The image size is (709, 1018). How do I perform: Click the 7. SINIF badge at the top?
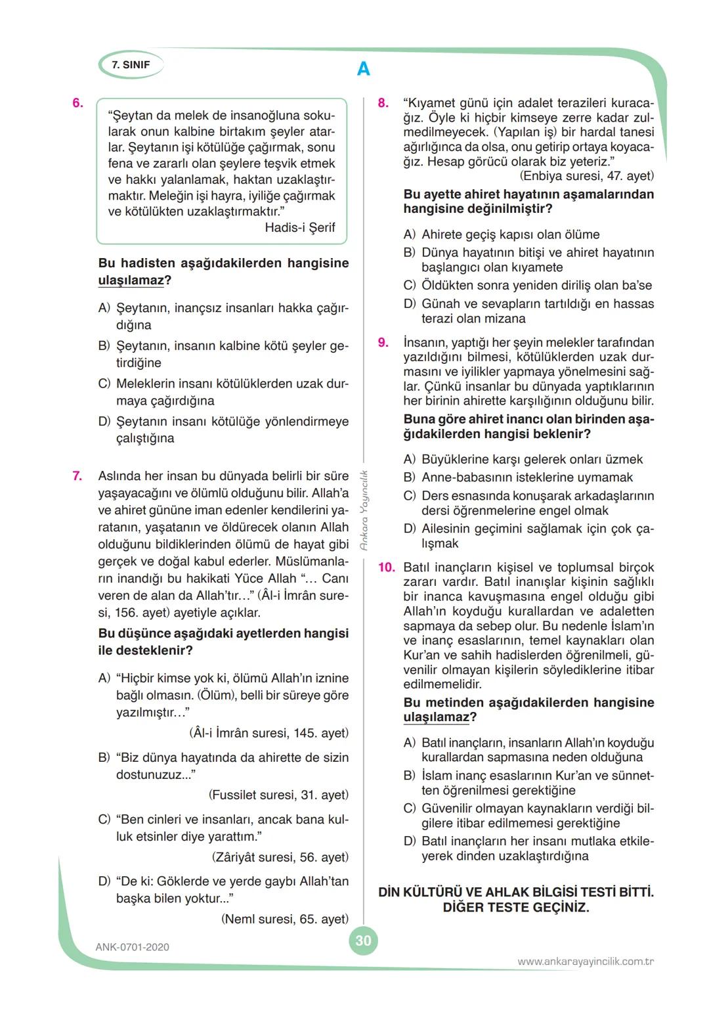pyautogui.click(x=131, y=65)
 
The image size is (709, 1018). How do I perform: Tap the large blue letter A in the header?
pyautogui.click(x=363, y=69)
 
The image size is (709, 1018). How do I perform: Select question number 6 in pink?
pyautogui.click(x=77, y=103)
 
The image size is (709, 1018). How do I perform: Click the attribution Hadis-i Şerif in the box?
pyautogui.click(x=299, y=228)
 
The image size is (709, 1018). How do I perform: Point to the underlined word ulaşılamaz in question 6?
pyautogui.click(x=131, y=280)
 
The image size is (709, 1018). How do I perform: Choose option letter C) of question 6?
pyautogui.click(x=104, y=384)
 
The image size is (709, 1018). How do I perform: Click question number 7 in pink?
pyautogui.click(x=77, y=476)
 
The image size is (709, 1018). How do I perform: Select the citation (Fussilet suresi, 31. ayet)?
pyautogui.click(x=278, y=795)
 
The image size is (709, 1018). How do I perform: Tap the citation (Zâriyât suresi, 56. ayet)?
pyautogui.click(x=280, y=857)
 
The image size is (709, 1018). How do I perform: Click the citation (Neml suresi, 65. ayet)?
pyautogui.click(x=285, y=919)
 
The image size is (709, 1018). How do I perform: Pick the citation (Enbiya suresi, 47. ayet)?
pyautogui.click(x=586, y=176)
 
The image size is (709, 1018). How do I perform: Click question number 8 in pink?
pyautogui.click(x=383, y=103)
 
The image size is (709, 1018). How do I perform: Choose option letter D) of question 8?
pyautogui.click(x=410, y=304)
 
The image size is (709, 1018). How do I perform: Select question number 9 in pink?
pyautogui.click(x=383, y=342)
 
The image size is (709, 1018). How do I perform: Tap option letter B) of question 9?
pyautogui.click(x=410, y=477)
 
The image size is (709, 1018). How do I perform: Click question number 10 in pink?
pyautogui.click(x=386, y=567)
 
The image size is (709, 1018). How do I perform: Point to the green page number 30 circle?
pyautogui.click(x=363, y=941)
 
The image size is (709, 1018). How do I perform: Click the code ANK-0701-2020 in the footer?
pyautogui.click(x=132, y=947)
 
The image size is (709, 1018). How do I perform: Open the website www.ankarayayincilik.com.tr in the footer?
pyautogui.click(x=586, y=962)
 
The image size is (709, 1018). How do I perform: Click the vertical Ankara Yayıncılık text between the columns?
pyautogui.click(x=364, y=510)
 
